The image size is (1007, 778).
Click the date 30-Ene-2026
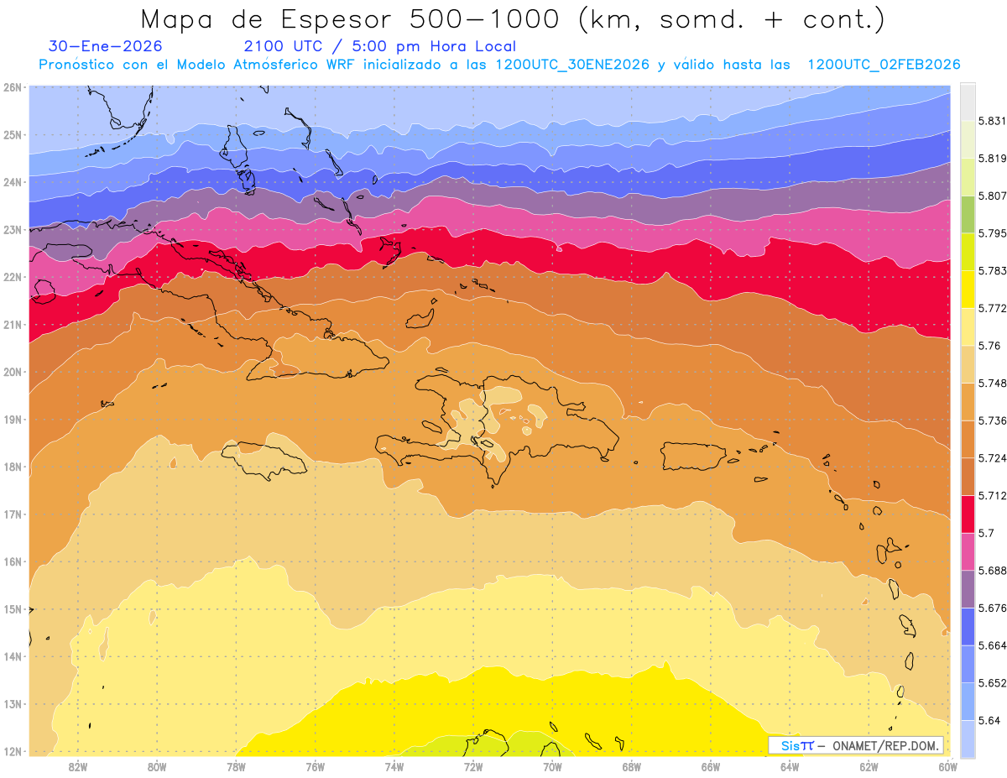(106, 46)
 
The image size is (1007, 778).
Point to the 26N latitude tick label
(13, 87)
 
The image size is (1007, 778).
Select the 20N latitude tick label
(13, 372)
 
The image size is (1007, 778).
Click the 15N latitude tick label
(13, 609)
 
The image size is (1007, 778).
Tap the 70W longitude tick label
(552, 765)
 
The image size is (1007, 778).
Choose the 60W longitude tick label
(948, 765)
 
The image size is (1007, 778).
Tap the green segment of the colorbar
(968, 215)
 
